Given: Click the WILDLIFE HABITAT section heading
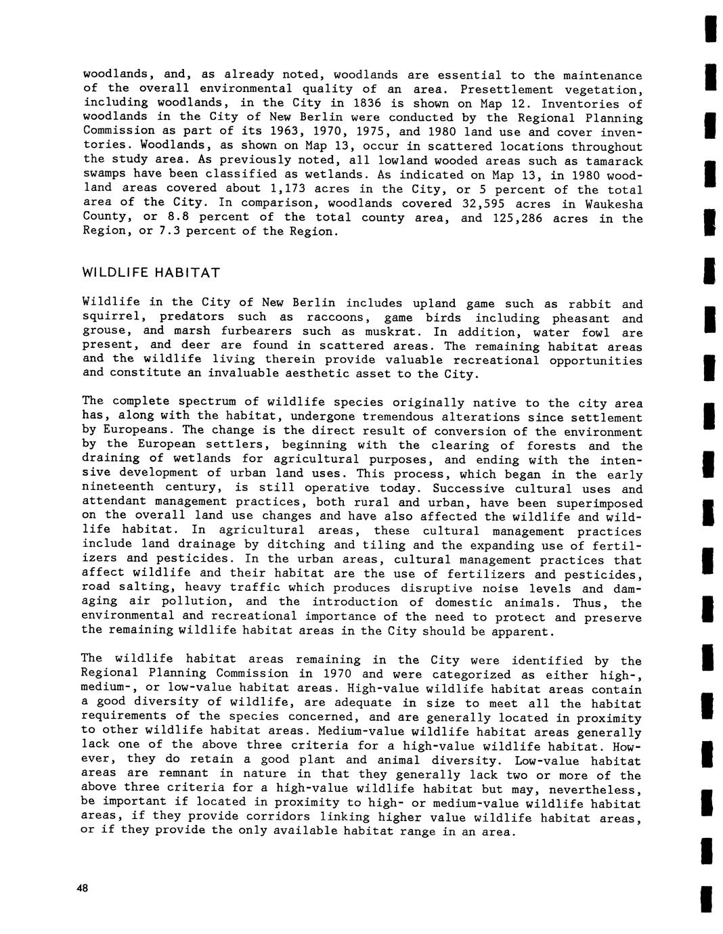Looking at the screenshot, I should [x=151, y=273].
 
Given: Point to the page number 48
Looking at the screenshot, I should [x=83, y=889].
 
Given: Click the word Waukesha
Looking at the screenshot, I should [x=615, y=204].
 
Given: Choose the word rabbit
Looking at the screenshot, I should [x=589, y=304].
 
